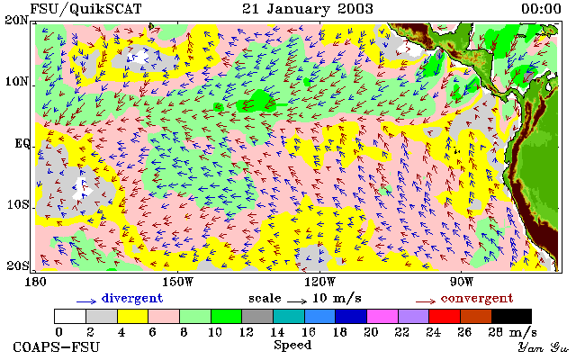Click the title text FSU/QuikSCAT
[85, 9]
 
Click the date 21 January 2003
[308, 9]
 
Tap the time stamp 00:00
[541, 9]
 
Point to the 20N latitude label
[17, 20]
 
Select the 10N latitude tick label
[17, 81]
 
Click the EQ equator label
[22, 143]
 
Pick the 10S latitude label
[18, 204]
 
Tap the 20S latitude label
[18, 265]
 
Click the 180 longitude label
[36, 282]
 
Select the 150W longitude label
[178, 282]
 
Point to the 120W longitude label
[319, 282]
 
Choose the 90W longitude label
[462, 282]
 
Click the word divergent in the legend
[132, 299]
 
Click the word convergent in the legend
[477, 299]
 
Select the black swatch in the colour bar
[511, 317]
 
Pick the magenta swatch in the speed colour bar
[382, 317]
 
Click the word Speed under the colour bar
[292, 346]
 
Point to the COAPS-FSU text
[57, 347]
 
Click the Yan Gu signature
[544, 348]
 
